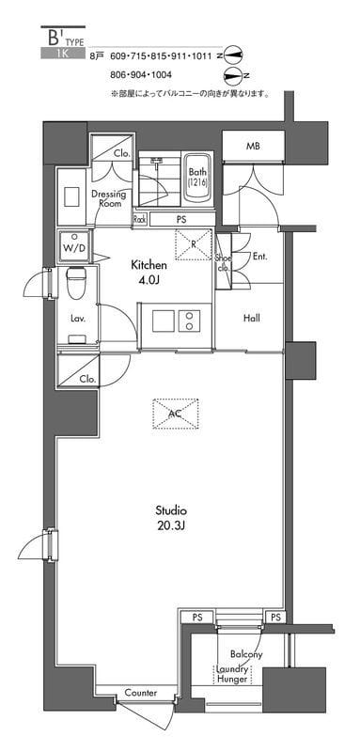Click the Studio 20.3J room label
coord(170,517)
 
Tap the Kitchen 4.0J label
coord(149,272)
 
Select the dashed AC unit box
coord(176,413)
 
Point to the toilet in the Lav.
coord(76,279)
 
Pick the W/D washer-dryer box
coord(73,246)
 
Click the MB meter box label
coord(253,147)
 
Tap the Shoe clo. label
coord(225,263)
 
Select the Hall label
coord(252,318)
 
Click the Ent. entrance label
coord(259,257)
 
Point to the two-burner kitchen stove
coord(190,321)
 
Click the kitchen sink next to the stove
coord(164,321)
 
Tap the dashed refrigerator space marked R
coord(194,244)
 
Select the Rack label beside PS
coord(139,219)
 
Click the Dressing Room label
coord(108,199)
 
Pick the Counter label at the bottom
coord(141,693)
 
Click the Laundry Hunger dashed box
coord(232,674)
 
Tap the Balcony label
coord(246,654)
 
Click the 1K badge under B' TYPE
coord(63,54)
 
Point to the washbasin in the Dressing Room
coord(71,197)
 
